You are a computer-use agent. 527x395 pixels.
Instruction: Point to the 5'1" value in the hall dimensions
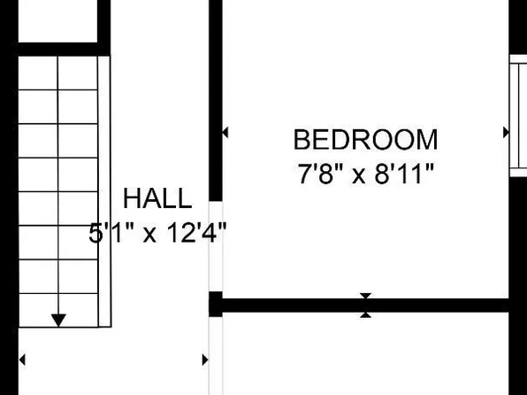pyautogui.click(x=111, y=234)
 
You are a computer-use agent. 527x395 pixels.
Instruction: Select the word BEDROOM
pyautogui.click(x=365, y=140)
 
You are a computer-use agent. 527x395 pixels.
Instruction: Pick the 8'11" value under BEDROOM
pyautogui.click(x=404, y=174)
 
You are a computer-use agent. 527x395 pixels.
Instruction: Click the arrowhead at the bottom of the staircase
pyautogui.click(x=58, y=319)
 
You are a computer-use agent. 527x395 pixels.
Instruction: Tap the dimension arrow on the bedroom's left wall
pyautogui.click(x=225, y=132)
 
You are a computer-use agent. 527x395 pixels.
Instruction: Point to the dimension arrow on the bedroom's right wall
pyautogui.click(x=506, y=132)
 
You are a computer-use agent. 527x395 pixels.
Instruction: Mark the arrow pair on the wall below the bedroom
pyautogui.click(x=365, y=306)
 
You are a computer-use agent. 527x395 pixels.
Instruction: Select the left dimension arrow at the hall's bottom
pyautogui.click(x=23, y=360)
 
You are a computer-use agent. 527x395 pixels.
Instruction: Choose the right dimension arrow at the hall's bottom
pyautogui.click(x=205, y=360)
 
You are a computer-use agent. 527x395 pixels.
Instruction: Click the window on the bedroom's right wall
pyautogui.click(x=518, y=115)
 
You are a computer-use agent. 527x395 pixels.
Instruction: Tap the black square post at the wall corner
pyautogui.click(x=215, y=304)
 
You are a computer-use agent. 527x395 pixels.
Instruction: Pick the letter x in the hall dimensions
pyautogui.click(x=150, y=235)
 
